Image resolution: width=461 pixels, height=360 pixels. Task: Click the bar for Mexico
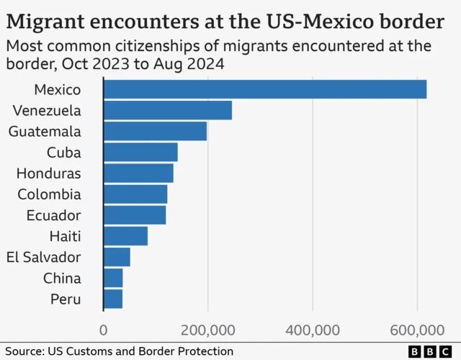pyautogui.click(x=265, y=89)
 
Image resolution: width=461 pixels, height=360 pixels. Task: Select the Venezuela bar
pyautogui.click(x=168, y=110)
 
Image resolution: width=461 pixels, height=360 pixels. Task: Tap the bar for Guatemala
pyautogui.click(x=155, y=131)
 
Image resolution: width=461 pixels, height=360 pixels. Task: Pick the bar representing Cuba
pyautogui.click(x=140, y=152)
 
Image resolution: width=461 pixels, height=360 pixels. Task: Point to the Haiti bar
pyautogui.click(x=125, y=235)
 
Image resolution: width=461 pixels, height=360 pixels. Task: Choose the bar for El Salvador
pyautogui.click(x=117, y=256)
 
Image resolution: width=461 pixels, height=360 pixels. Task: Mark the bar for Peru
pyautogui.click(x=113, y=298)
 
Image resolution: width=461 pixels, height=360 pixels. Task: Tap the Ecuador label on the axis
pyautogui.click(x=54, y=215)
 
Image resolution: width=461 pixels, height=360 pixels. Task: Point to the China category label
pyautogui.click(x=62, y=278)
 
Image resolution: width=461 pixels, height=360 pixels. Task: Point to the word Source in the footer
pyautogui.click(x=22, y=351)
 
